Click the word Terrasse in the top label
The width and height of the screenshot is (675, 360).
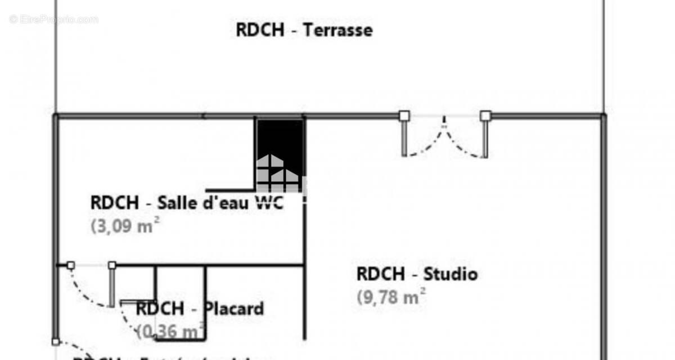coord(337,30)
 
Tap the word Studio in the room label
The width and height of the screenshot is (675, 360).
coord(450,274)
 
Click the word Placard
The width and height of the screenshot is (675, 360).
coord(233,309)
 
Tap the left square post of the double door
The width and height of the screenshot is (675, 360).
coord(404,116)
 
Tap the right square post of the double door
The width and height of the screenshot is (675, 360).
coord(485,116)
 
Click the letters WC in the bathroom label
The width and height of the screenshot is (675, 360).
coord(269,202)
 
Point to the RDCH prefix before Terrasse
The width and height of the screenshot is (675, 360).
coord(260,30)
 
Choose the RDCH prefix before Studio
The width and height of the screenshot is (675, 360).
coord(380,274)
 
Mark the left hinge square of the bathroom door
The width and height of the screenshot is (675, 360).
coord(71,265)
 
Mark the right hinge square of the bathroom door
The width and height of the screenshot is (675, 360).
coord(112,265)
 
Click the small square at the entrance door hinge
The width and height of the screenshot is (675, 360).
coord(55,341)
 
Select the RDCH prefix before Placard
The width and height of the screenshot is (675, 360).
coord(160,309)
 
